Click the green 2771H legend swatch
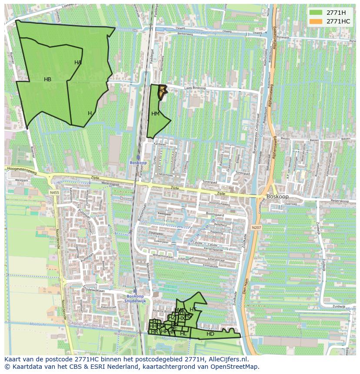pyautogui.click(x=316, y=13)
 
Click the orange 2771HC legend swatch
pyautogui.click(x=316, y=21)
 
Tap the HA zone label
pyautogui.click(x=78, y=63)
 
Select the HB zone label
pyautogui.click(x=48, y=79)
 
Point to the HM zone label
pyautogui.click(x=155, y=114)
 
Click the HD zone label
pyautogui.click(x=210, y=334)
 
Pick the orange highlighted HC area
pyautogui.click(x=162, y=91)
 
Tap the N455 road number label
pyautogui.click(x=54, y=192)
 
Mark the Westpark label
pyautogui.click(x=21, y=179)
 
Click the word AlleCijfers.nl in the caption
pyautogui.click(x=227, y=360)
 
